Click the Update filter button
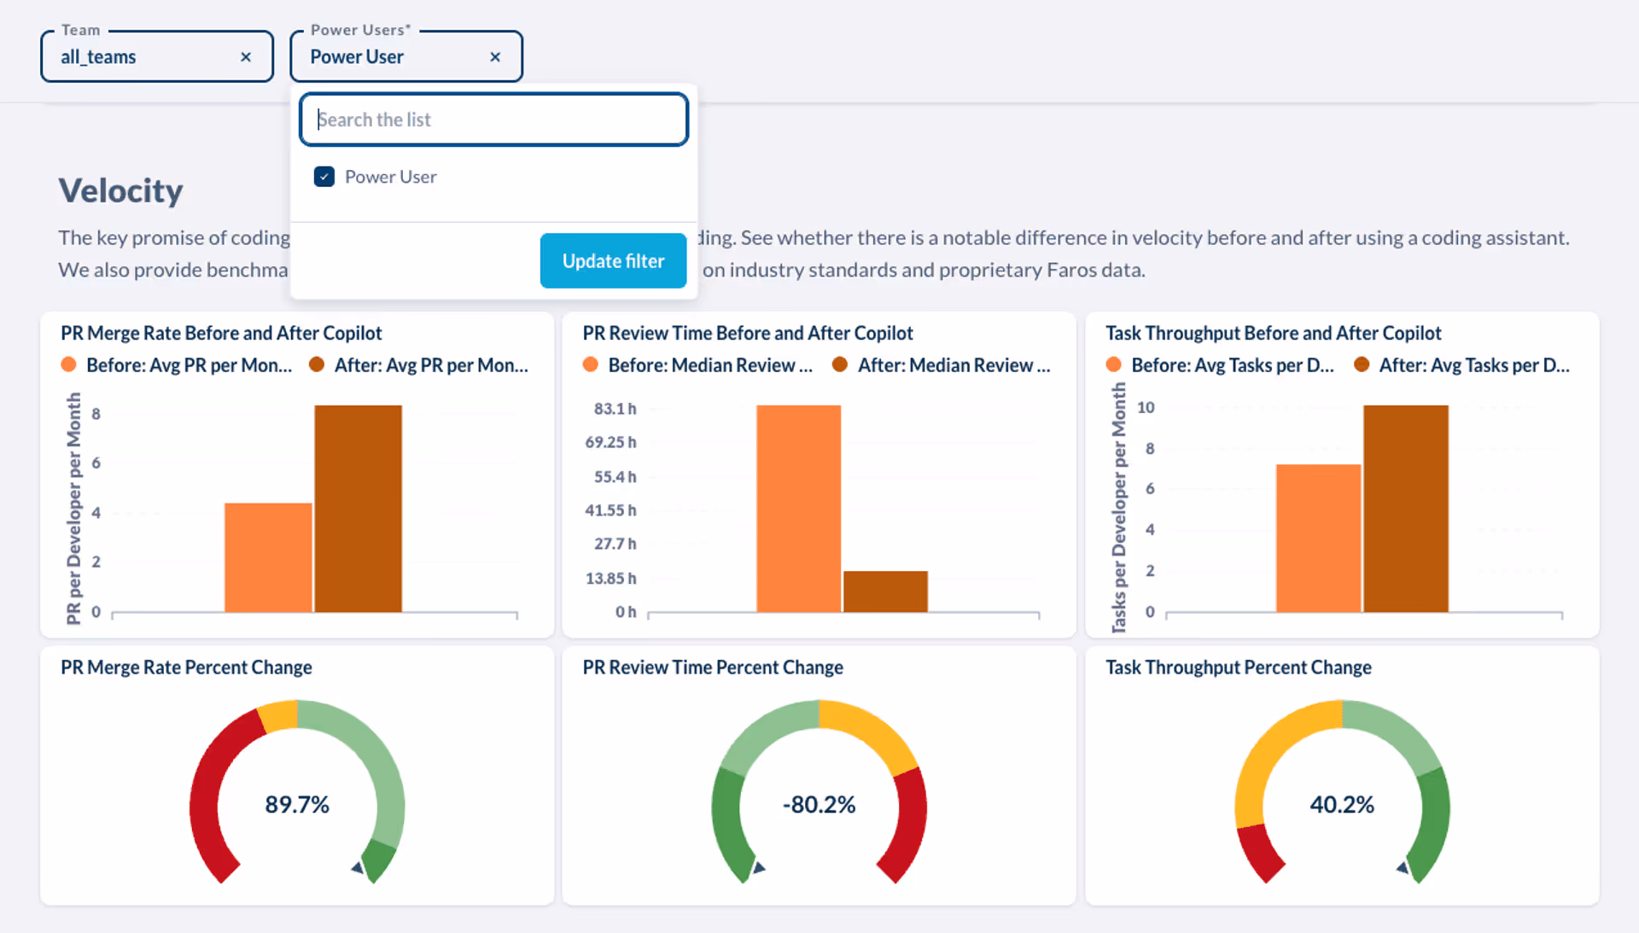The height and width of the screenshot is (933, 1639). click(x=613, y=261)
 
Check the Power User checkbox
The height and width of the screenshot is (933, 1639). click(x=324, y=177)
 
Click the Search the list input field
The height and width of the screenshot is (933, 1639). click(x=493, y=120)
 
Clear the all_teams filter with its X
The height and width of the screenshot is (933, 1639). click(x=246, y=57)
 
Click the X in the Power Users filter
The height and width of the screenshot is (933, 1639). click(x=495, y=57)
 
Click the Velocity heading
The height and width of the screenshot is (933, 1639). click(x=120, y=190)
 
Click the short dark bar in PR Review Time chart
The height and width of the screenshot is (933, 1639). click(x=885, y=592)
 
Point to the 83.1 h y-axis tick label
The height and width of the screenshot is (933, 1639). click(x=615, y=409)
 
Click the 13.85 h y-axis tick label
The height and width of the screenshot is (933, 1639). click(x=610, y=579)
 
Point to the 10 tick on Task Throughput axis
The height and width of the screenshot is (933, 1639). click(x=1146, y=408)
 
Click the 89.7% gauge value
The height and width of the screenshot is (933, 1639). click(x=297, y=805)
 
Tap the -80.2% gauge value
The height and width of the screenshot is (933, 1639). click(x=819, y=805)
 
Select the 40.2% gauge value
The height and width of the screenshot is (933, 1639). click(x=1342, y=805)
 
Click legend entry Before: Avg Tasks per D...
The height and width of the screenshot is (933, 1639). click(x=1231, y=365)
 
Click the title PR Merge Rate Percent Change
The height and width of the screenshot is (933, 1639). click(x=186, y=668)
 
